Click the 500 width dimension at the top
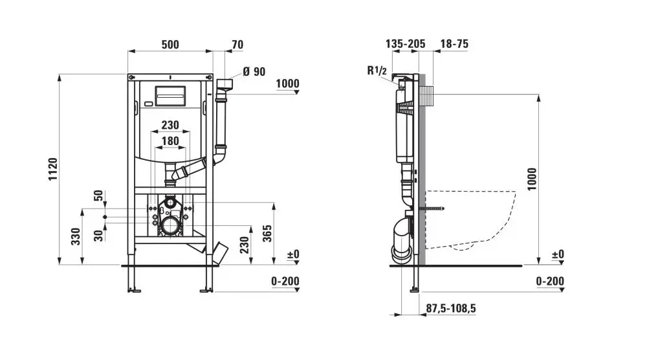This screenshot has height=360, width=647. point(170,45)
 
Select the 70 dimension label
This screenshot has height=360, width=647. point(237,45)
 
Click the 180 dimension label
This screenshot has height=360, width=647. point(170,141)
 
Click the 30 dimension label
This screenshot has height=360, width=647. point(98,234)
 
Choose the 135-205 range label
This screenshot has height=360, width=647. point(405,44)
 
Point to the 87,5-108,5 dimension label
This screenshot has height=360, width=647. point(451,309)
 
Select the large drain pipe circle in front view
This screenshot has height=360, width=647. point(171,226)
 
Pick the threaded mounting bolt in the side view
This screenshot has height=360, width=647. point(435,209)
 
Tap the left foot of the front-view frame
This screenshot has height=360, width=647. point(135,291)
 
